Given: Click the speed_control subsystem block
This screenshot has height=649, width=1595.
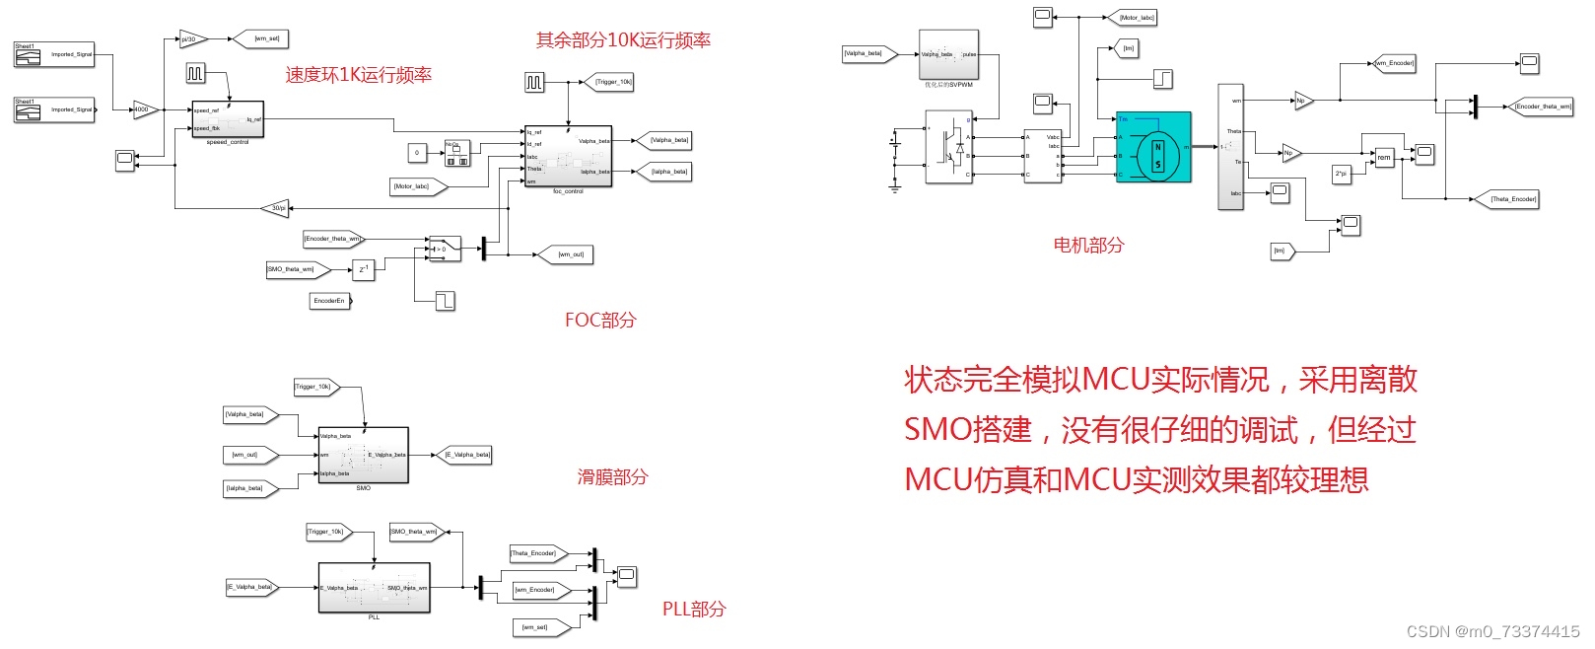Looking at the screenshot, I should click(228, 119).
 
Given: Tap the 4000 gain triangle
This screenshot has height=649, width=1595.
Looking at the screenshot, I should click(144, 109).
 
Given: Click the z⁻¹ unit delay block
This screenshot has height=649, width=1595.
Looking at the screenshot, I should click(364, 268).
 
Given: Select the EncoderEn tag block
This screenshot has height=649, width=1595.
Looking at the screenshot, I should click(330, 301).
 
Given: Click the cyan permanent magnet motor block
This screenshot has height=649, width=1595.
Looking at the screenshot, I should click(1153, 147).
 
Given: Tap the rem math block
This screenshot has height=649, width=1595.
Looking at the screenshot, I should click(1385, 158).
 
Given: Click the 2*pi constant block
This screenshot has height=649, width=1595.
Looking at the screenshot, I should click(1342, 174).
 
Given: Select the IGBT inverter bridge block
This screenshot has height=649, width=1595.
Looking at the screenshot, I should click(948, 146).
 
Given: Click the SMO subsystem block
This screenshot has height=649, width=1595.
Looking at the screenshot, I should click(363, 455).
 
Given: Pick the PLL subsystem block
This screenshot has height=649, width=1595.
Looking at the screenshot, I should click(374, 587).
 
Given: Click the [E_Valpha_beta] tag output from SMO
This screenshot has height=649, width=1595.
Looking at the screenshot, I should click(466, 455).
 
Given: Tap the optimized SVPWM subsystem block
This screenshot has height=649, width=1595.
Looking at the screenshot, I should click(948, 55).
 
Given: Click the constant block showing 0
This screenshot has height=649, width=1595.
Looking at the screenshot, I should click(417, 153).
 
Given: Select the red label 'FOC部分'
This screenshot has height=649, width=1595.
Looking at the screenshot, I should click(600, 320).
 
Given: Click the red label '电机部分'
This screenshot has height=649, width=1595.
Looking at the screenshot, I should click(1088, 245).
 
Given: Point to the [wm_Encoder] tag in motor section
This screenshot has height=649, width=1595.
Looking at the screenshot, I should click(1395, 63).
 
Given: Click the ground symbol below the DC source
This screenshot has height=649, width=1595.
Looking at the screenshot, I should click(895, 185).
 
